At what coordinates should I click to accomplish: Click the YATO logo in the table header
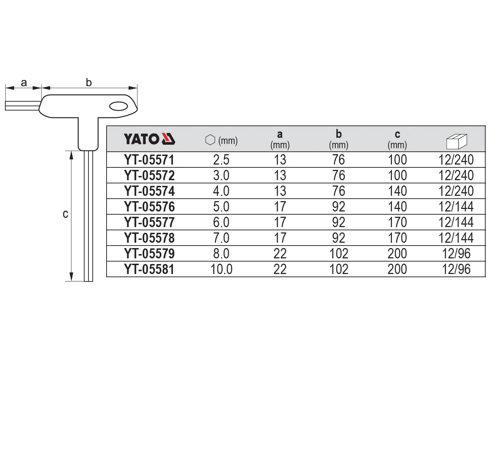click(150, 139)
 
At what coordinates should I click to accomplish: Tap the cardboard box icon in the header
click(457, 141)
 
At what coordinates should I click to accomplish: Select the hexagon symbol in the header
click(210, 140)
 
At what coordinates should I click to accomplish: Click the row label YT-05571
click(149, 160)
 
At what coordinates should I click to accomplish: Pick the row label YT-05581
click(149, 269)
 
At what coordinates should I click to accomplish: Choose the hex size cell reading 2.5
click(221, 160)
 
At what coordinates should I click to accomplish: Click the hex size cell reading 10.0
click(221, 269)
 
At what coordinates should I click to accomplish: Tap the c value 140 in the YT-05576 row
click(398, 206)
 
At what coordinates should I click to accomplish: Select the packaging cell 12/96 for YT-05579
click(456, 254)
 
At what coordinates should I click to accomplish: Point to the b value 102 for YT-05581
click(339, 269)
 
